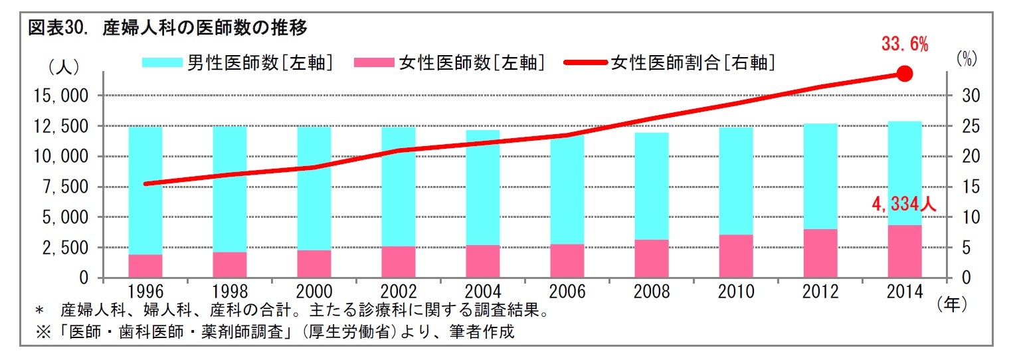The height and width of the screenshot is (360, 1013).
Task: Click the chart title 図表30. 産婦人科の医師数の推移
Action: point(167,28)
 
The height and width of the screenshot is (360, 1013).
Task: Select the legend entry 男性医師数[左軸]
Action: point(237,63)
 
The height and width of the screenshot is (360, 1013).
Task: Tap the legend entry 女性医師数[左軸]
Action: point(450,63)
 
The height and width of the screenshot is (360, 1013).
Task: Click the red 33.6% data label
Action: point(904,45)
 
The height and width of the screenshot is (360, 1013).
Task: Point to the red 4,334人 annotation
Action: point(904,205)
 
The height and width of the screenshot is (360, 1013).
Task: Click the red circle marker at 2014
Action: point(904,74)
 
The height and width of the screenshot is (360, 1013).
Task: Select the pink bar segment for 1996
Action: point(145,266)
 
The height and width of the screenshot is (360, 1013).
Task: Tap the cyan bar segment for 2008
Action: point(651,186)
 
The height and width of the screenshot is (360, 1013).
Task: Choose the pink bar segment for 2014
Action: point(904,251)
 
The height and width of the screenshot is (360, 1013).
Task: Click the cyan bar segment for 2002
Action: point(398,186)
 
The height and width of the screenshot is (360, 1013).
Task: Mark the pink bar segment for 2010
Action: point(735,256)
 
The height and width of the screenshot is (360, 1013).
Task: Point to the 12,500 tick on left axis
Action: point(60,126)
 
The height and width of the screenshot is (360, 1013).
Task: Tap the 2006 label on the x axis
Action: point(567,292)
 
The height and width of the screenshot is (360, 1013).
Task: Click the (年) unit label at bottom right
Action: point(952,304)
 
